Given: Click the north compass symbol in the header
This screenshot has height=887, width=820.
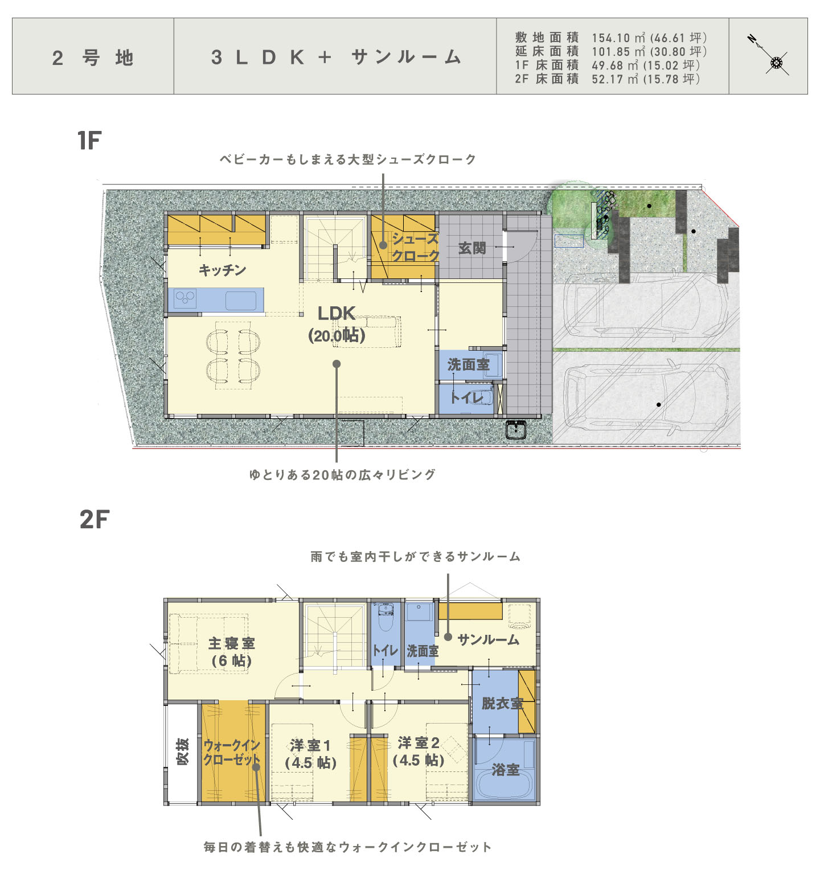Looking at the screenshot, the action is (769, 55).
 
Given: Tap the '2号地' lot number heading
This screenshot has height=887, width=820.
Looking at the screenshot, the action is (93, 58).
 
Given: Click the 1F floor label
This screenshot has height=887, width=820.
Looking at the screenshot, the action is (89, 141).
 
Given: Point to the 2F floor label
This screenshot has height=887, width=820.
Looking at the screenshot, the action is (94, 519).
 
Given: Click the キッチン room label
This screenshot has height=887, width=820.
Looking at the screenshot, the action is (222, 270).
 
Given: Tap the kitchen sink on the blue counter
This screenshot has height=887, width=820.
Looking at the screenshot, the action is (241, 300).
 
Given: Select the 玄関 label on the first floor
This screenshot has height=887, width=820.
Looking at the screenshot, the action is (472, 248).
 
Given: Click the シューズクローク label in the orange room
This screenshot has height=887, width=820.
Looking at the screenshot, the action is (416, 247).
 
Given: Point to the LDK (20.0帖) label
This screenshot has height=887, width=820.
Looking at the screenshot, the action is (337, 324).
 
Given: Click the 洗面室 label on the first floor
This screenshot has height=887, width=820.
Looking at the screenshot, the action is (469, 364).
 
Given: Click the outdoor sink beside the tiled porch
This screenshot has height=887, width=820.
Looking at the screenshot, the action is (516, 429).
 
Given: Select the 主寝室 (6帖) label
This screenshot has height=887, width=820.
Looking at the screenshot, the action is (231, 652).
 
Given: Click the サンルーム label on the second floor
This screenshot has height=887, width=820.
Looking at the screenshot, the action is (489, 639).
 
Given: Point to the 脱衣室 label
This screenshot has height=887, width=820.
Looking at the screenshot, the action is (502, 703).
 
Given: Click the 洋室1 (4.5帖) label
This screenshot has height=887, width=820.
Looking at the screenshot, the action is (310, 753).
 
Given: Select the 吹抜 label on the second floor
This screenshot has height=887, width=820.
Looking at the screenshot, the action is (182, 752).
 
